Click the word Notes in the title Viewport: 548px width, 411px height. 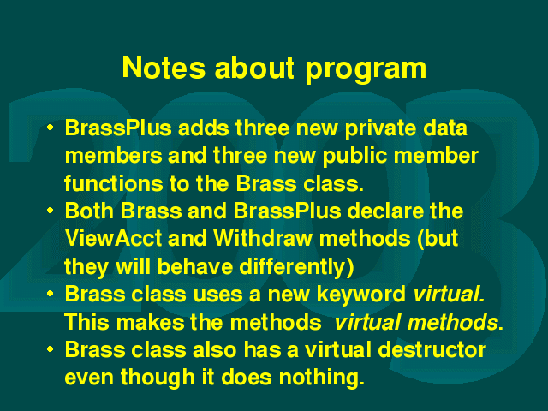[164, 67]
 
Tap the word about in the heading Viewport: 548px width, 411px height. [254, 67]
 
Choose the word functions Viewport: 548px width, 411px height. [114, 183]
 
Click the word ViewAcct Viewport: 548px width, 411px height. [113, 239]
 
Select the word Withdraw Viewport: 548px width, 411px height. [263, 239]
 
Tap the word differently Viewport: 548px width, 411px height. [292, 267]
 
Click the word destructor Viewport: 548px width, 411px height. [432, 349]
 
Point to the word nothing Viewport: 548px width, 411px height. [322, 378]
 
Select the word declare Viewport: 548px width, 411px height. [385, 211]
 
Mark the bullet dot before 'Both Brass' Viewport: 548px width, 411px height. [51, 211]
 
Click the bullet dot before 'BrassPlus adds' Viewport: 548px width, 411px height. [51, 128]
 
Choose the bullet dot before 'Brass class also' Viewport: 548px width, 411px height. [51, 349]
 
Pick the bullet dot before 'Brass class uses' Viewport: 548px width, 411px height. [51, 294]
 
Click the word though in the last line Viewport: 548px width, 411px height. [158, 378]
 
